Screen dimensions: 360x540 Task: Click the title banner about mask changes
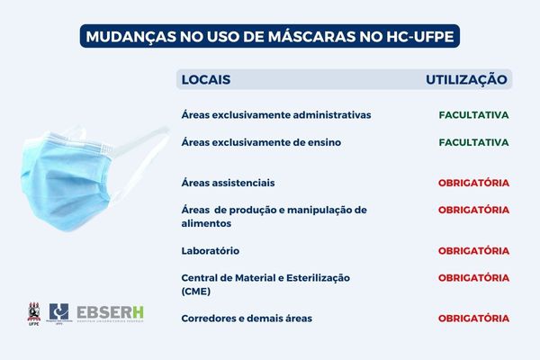[x=267, y=37]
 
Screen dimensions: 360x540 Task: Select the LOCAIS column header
[x=206, y=79]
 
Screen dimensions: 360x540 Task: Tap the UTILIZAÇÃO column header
[x=467, y=79]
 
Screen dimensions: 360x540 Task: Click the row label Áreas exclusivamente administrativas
[x=275, y=115]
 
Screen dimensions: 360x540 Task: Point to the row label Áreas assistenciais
[x=228, y=183]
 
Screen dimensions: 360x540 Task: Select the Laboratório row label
[x=210, y=250]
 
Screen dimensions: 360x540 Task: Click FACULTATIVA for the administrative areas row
[x=474, y=115]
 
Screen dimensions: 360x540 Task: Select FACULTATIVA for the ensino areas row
[x=474, y=142]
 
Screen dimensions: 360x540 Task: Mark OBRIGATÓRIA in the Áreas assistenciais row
[x=474, y=183]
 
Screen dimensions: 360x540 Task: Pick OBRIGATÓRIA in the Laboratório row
[x=474, y=250]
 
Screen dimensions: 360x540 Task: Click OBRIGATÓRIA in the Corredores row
[x=474, y=318]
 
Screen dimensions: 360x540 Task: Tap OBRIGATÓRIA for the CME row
[x=474, y=277]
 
